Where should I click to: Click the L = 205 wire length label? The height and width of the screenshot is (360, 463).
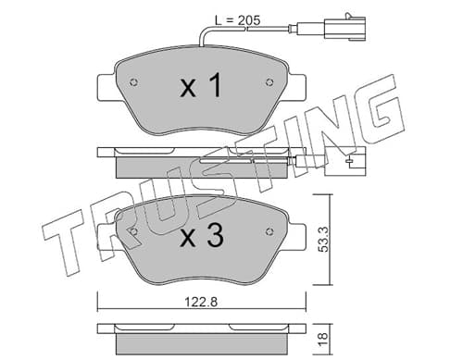point(238,20)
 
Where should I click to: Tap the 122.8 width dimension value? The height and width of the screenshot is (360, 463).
point(201,302)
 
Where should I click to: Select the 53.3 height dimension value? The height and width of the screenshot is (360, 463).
point(323,239)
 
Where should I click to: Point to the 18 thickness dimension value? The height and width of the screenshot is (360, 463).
point(323,340)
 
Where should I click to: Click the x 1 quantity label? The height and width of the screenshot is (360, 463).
point(201,85)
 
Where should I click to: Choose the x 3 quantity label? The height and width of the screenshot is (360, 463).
point(202,235)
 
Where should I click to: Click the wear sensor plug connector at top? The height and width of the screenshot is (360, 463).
point(344,29)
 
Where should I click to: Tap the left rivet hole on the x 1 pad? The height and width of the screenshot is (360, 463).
point(134,82)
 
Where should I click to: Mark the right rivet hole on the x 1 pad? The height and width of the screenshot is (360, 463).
point(269,82)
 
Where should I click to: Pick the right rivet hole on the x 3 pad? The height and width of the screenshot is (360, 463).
point(269,231)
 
